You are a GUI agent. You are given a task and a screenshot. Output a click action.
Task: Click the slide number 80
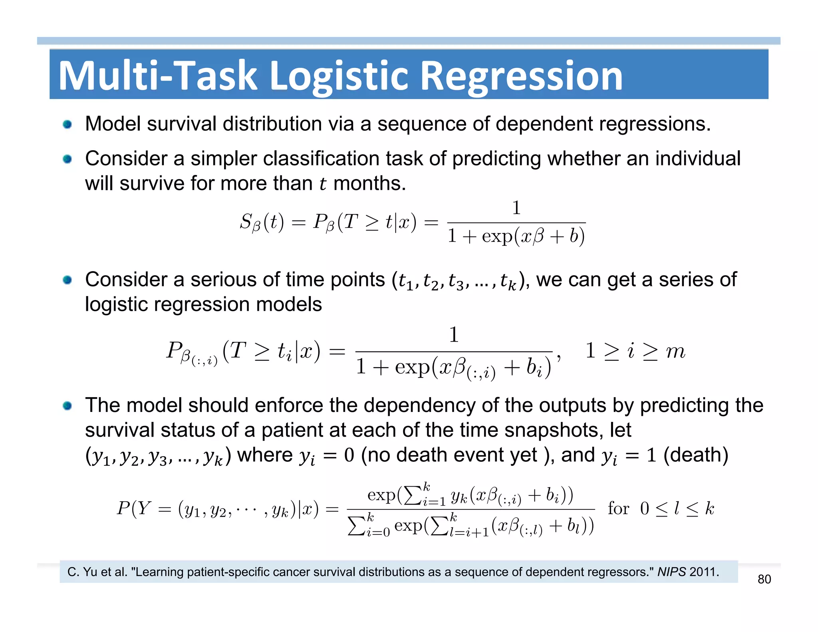click(x=764, y=579)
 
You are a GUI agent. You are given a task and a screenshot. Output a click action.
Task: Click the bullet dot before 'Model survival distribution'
click(x=67, y=124)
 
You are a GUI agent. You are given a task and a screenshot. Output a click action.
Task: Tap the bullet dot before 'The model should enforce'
click(x=67, y=406)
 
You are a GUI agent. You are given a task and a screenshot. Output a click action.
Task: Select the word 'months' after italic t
click(x=369, y=184)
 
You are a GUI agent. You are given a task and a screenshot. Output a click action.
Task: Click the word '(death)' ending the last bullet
click(x=696, y=455)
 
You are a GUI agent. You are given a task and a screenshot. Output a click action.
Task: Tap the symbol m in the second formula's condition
click(x=675, y=351)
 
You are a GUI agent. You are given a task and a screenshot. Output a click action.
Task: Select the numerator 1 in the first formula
click(x=516, y=208)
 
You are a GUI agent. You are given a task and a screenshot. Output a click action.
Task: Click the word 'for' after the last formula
click(x=618, y=509)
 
